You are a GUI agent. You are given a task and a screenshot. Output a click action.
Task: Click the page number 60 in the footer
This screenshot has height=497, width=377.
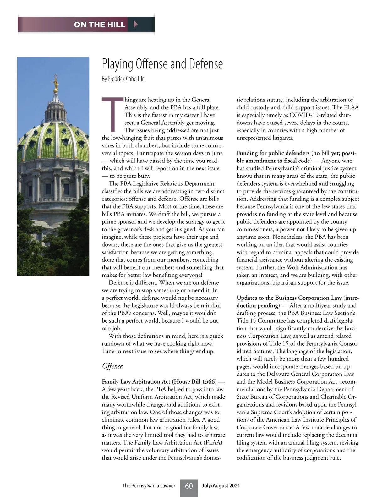[189, 486]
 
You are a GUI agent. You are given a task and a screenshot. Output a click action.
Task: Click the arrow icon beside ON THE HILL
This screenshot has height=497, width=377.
[135, 24]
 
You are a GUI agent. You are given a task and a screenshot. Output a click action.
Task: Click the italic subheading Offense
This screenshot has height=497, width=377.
[112, 366]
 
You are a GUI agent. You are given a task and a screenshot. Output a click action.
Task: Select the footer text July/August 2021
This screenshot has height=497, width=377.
[221, 486]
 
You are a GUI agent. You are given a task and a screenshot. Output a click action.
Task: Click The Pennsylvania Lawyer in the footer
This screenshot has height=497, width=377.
[149, 486]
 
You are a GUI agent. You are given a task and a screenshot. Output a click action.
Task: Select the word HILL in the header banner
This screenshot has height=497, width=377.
[116, 25]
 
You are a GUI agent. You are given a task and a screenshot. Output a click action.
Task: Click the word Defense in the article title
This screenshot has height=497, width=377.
[206, 64]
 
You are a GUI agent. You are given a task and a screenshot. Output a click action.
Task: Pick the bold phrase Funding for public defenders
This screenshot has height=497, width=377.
[273, 153]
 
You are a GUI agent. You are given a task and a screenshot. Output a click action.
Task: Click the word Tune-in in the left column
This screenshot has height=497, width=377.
[112, 351]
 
